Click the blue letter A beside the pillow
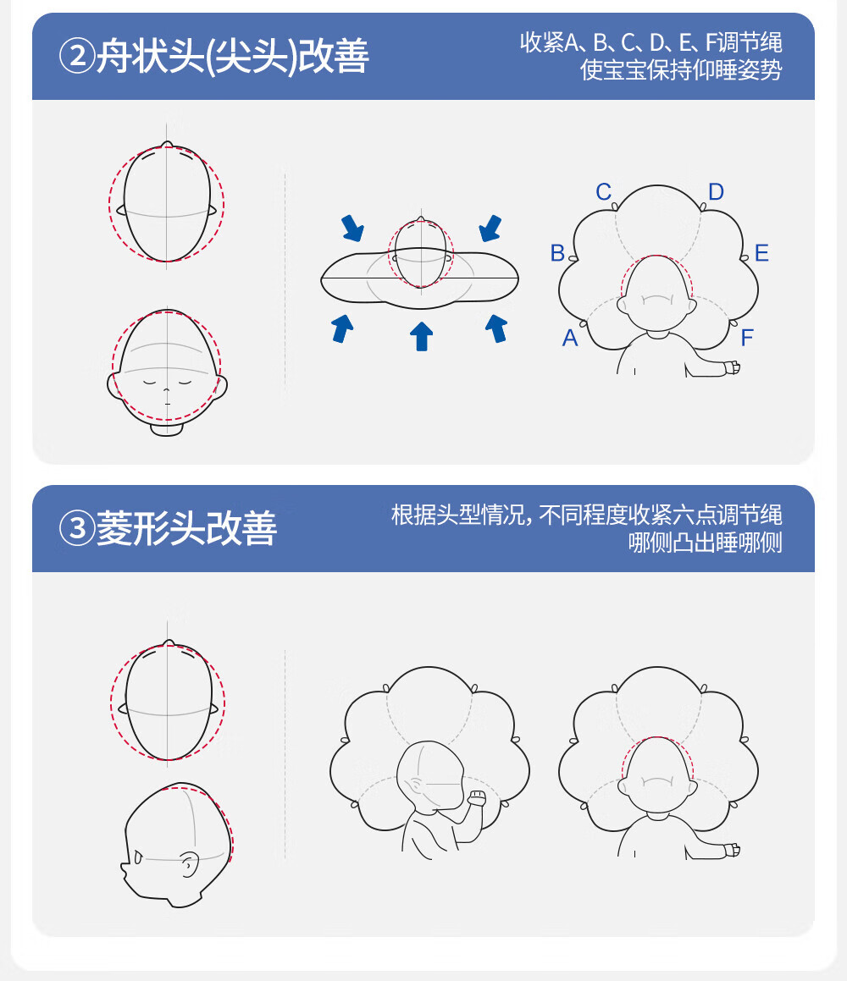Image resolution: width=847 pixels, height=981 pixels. coord(570,338)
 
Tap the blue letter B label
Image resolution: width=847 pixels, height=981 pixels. coord(557,253)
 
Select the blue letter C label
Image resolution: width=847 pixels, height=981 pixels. coord(603,191)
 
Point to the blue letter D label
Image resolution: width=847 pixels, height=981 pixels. coord(717,191)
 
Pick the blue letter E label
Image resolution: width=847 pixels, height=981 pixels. coord(761,253)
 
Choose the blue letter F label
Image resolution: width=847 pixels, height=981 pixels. coord(747,338)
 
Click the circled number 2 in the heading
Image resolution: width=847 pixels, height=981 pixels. coord(77,56)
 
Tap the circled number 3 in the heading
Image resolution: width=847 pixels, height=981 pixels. coord(77,528)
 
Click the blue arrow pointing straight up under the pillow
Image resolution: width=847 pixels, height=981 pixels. coord(422,336)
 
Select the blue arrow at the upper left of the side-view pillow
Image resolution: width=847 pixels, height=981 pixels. coord(352,228)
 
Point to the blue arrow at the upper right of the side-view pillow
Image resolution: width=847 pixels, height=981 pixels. coord(490,228)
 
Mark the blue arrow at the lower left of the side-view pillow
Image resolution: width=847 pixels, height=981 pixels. coord(342,328)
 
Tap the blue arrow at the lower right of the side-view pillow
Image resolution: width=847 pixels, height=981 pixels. coord(496,328)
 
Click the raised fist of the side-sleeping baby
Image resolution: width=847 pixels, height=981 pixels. coord(476,797)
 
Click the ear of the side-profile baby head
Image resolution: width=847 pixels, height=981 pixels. coord(190,864)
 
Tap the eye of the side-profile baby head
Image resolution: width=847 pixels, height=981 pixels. coord(138,857)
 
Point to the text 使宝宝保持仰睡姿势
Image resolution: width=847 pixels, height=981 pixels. coord(681,69)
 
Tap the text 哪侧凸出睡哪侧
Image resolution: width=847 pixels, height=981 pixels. coord(706,542)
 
